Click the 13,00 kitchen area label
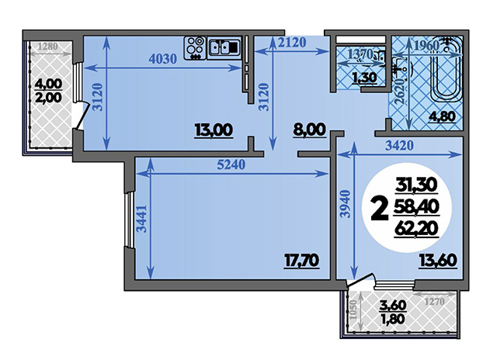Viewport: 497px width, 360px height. tap(214, 130)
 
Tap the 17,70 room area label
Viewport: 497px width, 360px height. tap(301, 261)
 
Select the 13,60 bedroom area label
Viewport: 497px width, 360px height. tap(438, 261)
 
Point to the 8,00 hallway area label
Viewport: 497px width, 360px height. tap(309, 130)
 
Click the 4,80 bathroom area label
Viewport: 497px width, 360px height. tap(442, 117)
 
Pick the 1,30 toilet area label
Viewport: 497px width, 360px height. tap(364, 78)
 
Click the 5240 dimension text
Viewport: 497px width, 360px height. tap(231, 164)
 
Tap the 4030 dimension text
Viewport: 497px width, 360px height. tap(162, 59)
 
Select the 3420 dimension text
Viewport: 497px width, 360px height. tap(399, 146)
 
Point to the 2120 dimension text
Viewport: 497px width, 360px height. tap(292, 43)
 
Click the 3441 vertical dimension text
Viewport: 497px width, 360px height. tap(142, 219)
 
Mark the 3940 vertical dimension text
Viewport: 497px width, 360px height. tap(346, 203)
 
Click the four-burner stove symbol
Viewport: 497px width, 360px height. tap(194, 48)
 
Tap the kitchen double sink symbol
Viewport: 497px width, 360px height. tap(224, 48)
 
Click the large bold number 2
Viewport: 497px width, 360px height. tap(380, 208)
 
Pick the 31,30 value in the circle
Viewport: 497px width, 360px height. tap(416, 185)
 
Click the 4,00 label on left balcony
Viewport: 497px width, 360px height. tap(48, 84)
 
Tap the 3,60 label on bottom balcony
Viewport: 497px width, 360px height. tap(393, 306)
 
